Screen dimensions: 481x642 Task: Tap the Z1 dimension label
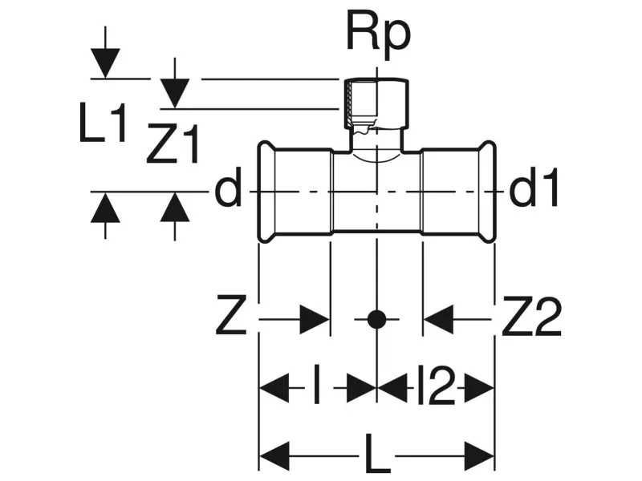coord(173,146)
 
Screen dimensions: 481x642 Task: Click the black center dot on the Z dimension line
coord(375,320)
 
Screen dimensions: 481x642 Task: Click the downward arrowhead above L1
coord(105,63)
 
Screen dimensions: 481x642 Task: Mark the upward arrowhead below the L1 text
coord(105,210)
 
